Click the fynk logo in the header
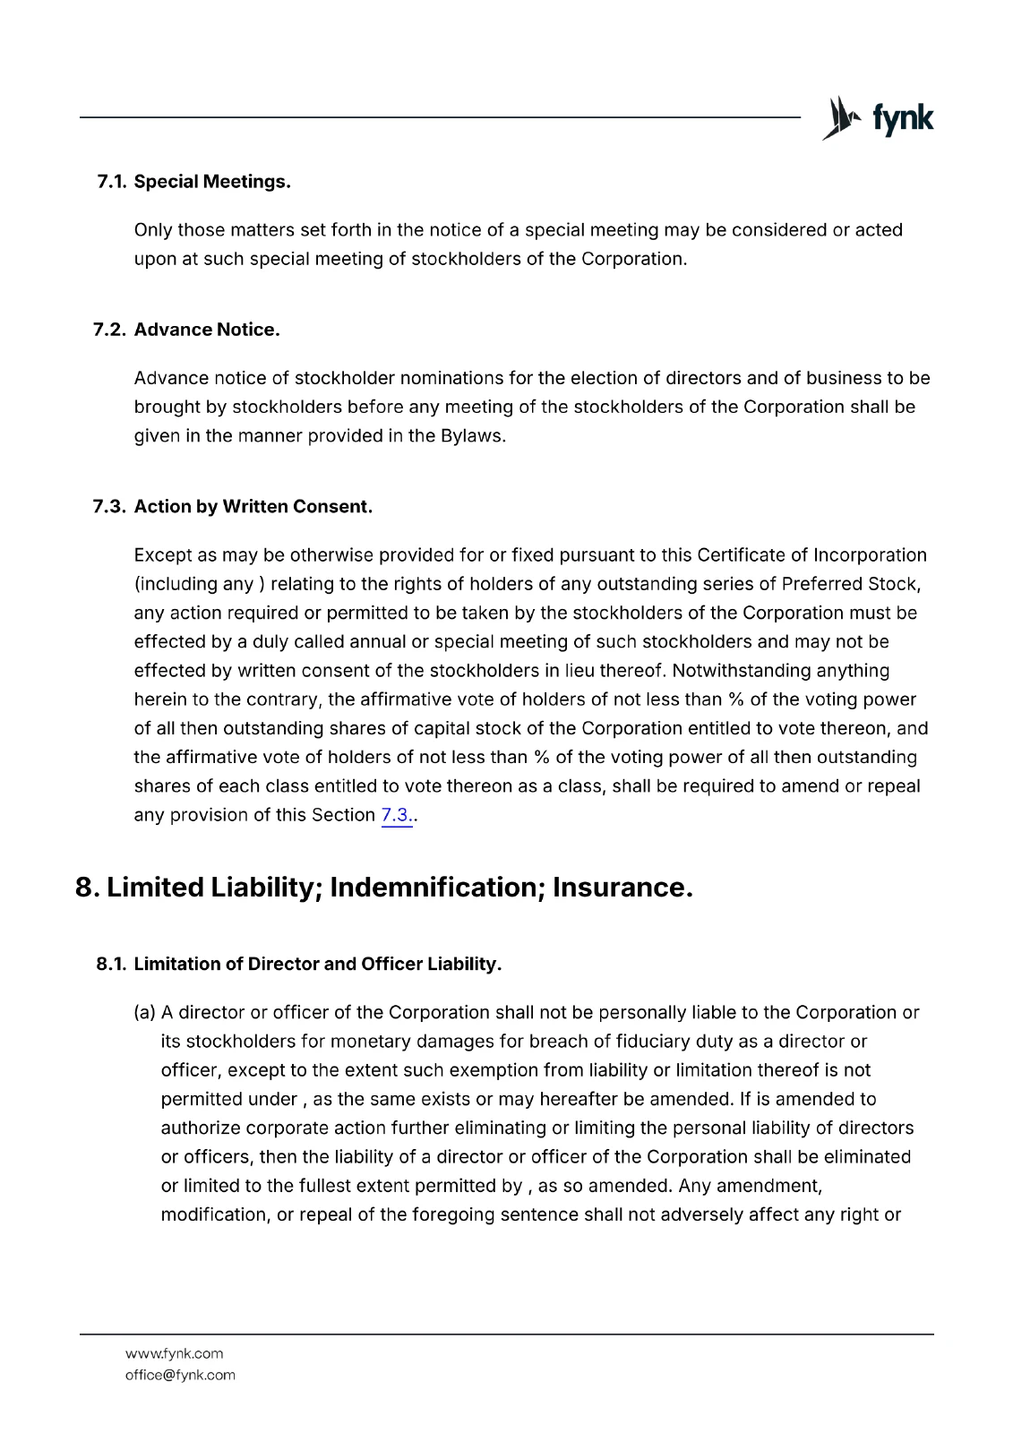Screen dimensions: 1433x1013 [x=878, y=118]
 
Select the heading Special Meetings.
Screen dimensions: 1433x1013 [x=212, y=182]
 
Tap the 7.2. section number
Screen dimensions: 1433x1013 [x=111, y=330]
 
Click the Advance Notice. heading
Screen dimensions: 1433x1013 [x=207, y=330]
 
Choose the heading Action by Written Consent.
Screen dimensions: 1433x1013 [x=253, y=507]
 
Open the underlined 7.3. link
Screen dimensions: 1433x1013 [x=397, y=815]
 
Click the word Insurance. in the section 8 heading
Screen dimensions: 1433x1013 [x=622, y=888]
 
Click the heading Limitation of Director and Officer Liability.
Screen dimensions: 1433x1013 [x=318, y=965]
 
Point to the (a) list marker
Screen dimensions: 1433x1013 [x=144, y=1013]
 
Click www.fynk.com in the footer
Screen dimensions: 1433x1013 [x=174, y=1353]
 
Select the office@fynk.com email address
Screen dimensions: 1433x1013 [x=180, y=1375]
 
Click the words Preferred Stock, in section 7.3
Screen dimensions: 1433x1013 [x=852, y=584]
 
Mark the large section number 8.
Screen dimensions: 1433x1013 [x=87, y=888]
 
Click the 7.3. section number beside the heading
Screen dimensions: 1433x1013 [x=111, y=507]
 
